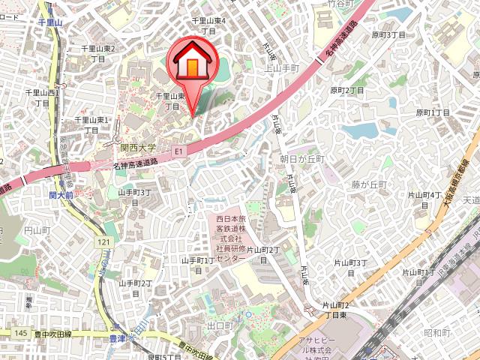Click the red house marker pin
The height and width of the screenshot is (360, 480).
[192, 66]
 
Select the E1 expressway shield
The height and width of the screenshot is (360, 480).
[178, 151]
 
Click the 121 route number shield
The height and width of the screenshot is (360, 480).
[102, 241]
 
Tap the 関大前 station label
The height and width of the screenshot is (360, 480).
[61, 195]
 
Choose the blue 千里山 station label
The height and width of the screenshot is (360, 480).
[53, 24]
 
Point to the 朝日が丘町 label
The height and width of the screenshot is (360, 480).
[301, 159]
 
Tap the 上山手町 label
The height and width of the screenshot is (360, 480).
[282, 67]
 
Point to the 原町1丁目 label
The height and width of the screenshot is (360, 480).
[433, 112]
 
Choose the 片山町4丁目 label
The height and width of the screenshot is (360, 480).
[424, 199]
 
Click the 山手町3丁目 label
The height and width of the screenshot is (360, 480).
[135, 197]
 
